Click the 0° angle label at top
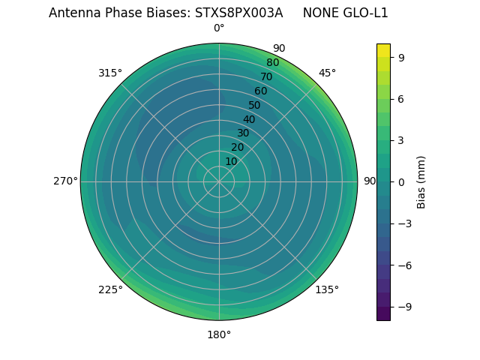click(219, 28)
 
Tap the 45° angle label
click(327, 73)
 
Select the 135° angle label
click(327, 289)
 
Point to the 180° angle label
click(219, 334)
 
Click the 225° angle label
click(110, 289)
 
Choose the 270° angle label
click(65, 181)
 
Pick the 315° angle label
click(110, 73)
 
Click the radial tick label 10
click(231, 161)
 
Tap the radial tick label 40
click(249, 119)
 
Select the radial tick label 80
click(273, 62)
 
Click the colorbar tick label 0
click(402, 181)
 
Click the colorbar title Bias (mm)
click(421, 181)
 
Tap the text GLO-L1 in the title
click(365, 13)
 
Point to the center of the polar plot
click(219, 181)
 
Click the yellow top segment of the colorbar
click(383, 50)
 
